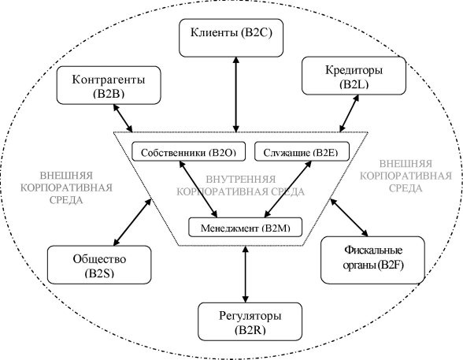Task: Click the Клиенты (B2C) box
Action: click(x=231, y=38)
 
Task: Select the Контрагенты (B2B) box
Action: click(x=109, y=85)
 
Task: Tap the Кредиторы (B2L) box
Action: click(x=354, y=76)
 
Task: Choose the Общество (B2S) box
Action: click(x=99, y=265)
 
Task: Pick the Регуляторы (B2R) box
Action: click(x=250, y=321)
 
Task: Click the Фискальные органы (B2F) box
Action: click(x=372, y=260)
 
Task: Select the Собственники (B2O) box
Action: click(x=188, y=151)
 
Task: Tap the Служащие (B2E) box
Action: click(x=302, y=151)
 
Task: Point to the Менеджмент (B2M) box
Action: click(x=245, y=227)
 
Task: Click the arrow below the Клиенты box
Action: click(x=235, y=95)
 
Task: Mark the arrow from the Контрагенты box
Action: click(x=123, y=118)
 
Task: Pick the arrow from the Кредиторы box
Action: click(x=349, y=113)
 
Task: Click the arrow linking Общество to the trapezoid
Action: click(x=132, y=222)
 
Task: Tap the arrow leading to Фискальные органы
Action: click(x=349, y=217)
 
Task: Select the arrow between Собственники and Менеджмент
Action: click(x=198, y=189)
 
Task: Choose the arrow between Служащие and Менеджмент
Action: click(x=288, y=189)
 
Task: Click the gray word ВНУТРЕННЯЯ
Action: click(x=241, y=180)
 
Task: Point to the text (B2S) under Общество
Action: click(x=99, y=273)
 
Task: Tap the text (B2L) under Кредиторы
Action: click(x=354, y=84)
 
